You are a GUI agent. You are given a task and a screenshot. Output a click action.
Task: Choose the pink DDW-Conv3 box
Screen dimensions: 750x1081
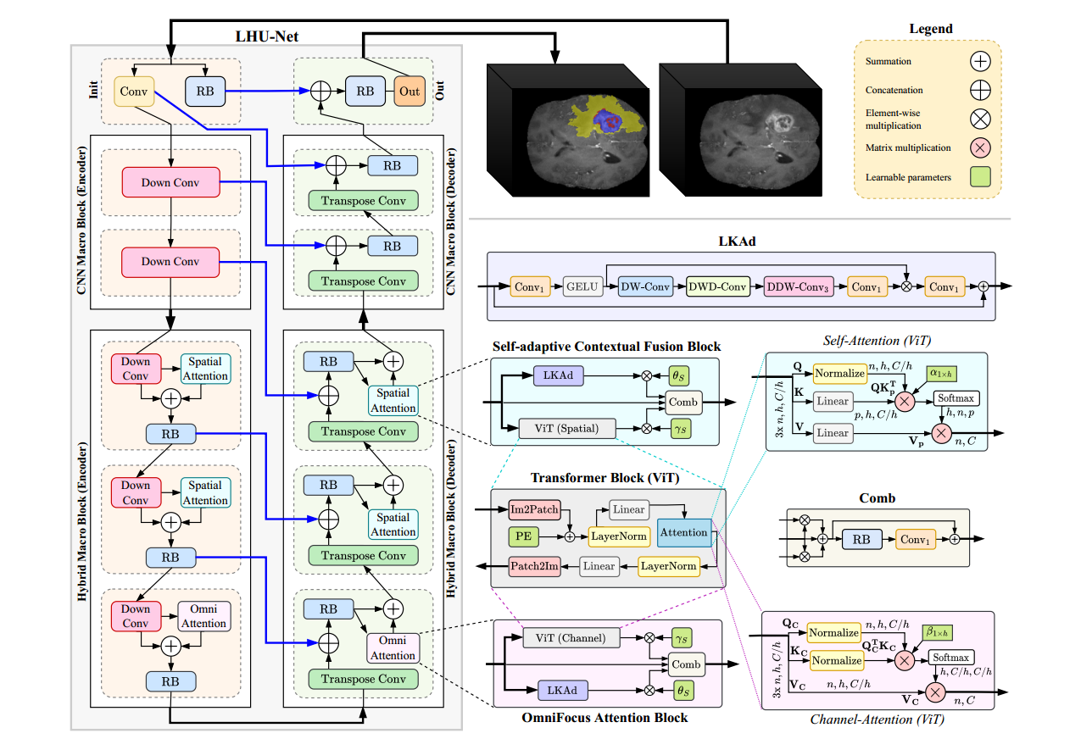point(798,287)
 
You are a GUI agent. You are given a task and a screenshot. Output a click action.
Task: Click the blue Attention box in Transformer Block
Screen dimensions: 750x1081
point(683,532)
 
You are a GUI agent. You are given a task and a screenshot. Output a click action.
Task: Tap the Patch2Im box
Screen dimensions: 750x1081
point(533,565)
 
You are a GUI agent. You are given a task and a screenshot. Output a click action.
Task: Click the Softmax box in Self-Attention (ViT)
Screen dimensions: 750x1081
point(955,397)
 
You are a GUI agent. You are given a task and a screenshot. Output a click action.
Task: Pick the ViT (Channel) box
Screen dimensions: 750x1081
point(570,637)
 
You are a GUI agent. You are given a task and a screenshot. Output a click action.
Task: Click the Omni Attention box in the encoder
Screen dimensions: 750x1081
point(203,616)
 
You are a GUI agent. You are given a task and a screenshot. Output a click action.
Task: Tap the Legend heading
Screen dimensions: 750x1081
point(931,29)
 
